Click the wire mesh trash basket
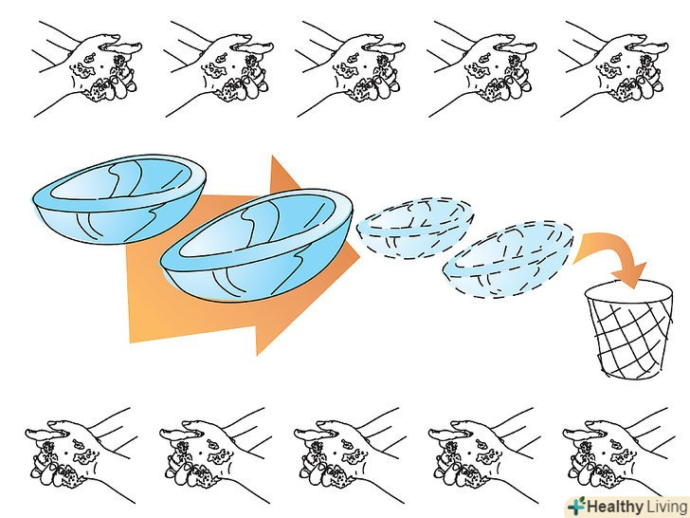tap(629, 330)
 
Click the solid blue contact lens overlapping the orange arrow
tap(257, 245)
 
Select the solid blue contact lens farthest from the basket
tap(119, 198)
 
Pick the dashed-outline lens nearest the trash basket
tap(508, 259)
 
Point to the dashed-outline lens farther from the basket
tap(415, 228)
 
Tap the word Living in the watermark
tap(666, 507)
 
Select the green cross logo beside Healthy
tap(576, 506)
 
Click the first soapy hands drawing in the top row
tap(86, 68)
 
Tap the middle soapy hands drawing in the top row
tap(350, 68)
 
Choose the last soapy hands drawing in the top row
tap(613, 68)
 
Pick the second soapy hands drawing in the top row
tap(218, 68)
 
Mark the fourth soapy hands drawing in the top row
tap(481, 68)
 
